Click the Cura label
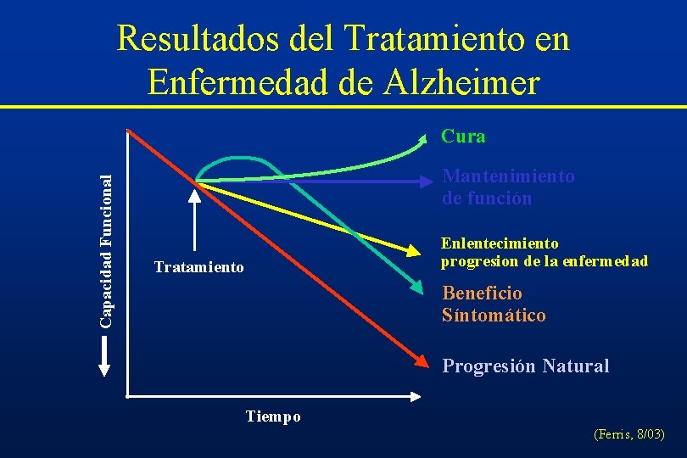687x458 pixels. click(463, 136)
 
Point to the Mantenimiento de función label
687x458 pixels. click(508, 187)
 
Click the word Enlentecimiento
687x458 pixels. click(500, 243)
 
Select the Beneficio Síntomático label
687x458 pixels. click(494, 304)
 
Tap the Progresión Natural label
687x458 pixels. click(525, 366)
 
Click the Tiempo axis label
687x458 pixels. click(273, 416)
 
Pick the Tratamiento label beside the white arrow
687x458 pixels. click(198, 268)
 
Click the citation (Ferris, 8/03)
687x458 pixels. click(629, 435)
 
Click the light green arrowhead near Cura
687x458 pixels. click(427, 137)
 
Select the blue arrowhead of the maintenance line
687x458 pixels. click(428, 181)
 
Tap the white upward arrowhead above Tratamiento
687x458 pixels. click(195, 194)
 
